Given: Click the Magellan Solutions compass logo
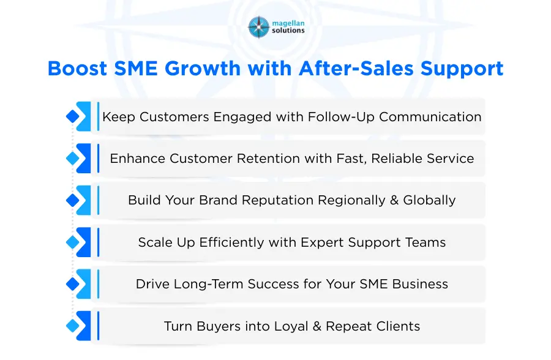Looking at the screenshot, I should [258, 27].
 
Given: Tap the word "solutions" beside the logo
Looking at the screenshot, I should [287, 31].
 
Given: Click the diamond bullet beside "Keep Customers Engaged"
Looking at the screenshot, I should [72, 116].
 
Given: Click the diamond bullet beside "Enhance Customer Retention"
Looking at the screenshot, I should [72, 159].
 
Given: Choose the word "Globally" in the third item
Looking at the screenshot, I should [429, 200].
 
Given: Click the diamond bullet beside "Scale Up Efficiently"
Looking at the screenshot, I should [72, 242].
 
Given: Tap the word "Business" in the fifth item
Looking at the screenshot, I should [422, 284].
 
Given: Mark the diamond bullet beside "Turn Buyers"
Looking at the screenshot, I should [72, 326].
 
